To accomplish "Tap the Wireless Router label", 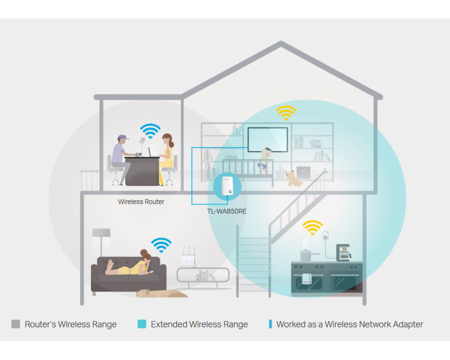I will pyautogui.click(x=141, y=202).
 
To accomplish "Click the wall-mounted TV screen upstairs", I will pyautogui.click(x=267, y=139).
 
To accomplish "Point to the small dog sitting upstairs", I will pyautogui.click(x=294, y=178).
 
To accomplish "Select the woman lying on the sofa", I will pyautogui.click(x=130, y=265).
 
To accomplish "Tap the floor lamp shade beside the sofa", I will pyautogui.click(x=101, y=233).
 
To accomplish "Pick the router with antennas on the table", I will pyautogui.click(x=188, y=259).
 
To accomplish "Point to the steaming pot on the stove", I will pyautogui.click(x=306, y=255).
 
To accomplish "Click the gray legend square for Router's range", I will pyautogui.click(x=16, y=324).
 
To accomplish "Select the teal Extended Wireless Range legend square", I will pyautogui.click(x=142, y=324).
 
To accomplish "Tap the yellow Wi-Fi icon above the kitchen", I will pyautogui.click(x=312, y=228).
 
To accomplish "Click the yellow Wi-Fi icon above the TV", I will pyautogui.click(x=286, y=113).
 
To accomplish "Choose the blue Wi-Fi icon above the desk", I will pyautogui.click(x=150, y=130).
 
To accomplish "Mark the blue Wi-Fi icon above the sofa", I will pyautogui.click(x=161, y=245).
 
